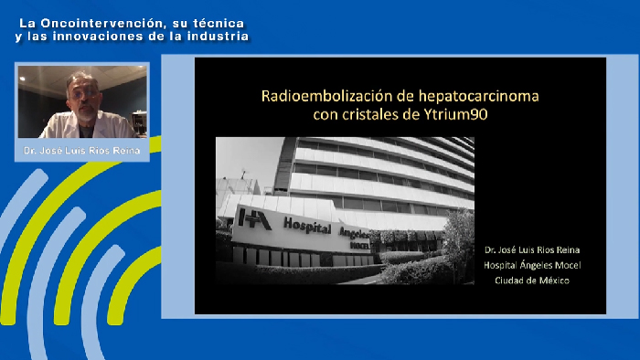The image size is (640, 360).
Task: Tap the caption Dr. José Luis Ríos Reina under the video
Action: [x=82, y=150]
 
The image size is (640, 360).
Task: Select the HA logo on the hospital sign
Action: [x=249, y=219]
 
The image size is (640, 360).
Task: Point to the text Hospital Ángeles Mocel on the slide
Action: [x=532, y=265]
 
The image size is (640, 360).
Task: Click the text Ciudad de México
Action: [x=532, y=281]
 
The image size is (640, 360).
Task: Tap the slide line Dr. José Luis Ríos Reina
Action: [x=532, y=249]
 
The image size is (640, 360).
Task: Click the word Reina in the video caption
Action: [x=125, y=150]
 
